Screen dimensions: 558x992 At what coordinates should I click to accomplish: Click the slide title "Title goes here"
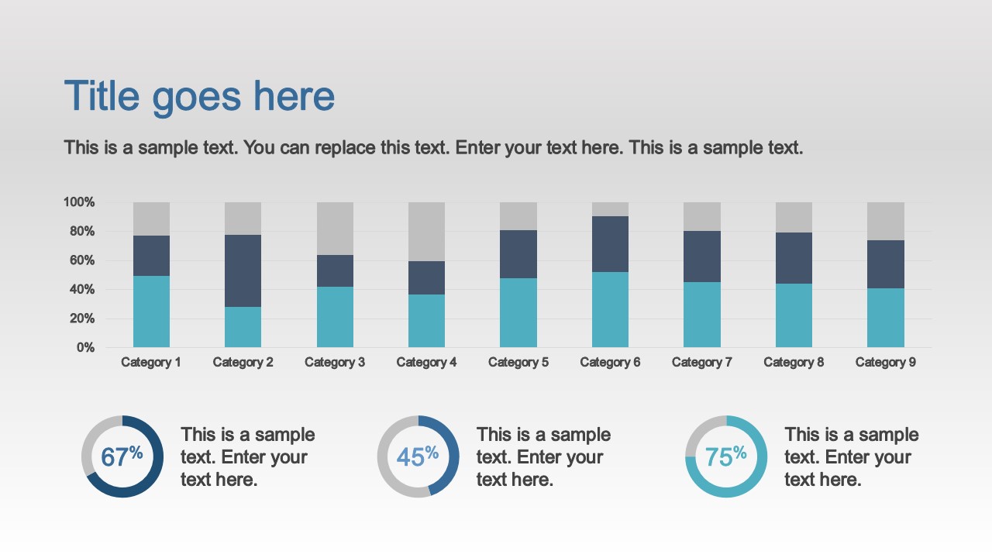point(199,97)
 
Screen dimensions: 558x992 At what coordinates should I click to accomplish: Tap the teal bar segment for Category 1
point(151,312)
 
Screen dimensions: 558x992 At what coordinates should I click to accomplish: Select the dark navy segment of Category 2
point(243,270)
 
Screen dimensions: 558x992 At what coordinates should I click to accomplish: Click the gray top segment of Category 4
point(426,231)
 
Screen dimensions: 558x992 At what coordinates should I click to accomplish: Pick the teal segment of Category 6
point(610,309)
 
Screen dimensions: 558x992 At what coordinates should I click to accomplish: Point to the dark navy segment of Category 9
point(885,264)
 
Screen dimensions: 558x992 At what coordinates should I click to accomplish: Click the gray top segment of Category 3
point(335,228)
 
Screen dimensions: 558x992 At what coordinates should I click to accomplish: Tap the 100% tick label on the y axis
point(79,202)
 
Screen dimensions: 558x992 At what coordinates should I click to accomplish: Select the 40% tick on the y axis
point(81,290)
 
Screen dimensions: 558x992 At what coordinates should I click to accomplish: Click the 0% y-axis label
point(85,348)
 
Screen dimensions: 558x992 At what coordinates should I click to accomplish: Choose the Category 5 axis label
point(518,362)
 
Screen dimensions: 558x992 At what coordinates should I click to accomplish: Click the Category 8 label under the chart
point(794,362)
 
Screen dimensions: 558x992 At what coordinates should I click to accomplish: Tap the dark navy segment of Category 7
point(702,257)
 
